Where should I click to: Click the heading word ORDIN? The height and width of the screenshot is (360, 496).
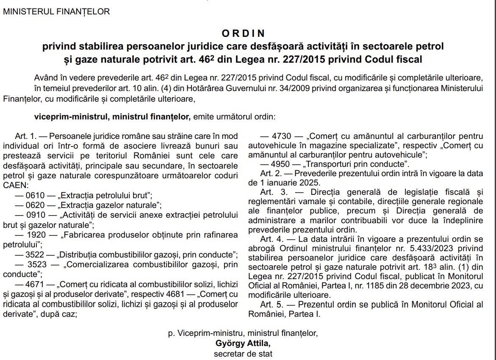click(x=243, y=33)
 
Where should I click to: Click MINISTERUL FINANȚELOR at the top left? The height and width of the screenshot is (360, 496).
click(x=56, y=12)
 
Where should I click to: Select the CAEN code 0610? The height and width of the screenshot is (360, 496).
click(x=35, y=196)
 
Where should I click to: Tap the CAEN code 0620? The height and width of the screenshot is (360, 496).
click(x=35, y=205)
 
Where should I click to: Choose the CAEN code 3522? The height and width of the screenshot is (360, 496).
click(x=35, y=255)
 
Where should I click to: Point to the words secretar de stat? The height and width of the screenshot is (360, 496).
click(x=243, y=353)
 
